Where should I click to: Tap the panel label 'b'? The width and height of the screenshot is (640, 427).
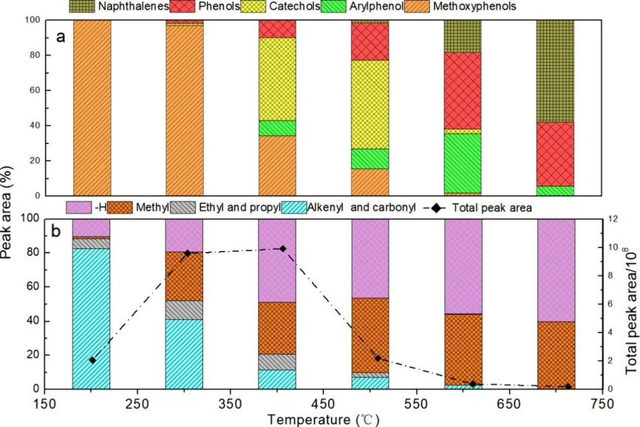pos(61,230)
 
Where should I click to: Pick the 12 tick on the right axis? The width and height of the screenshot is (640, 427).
pos(611,219)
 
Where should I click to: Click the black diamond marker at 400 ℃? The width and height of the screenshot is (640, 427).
pos(282,248)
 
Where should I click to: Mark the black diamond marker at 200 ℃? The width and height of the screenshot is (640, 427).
pos(92,360)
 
